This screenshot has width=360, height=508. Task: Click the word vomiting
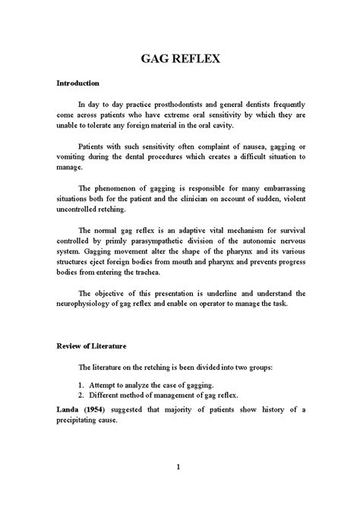coord(77,156)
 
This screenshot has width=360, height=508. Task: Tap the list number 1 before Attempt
coord(81,383)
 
